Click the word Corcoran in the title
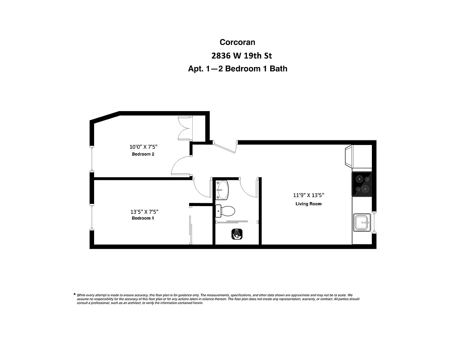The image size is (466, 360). click(x=237, y=42)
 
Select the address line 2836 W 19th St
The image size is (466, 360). click(x=241, y=56)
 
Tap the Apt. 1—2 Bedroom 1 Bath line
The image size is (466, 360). click(x=237, y=69)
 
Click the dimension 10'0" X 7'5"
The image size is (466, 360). click(x=143, y=147)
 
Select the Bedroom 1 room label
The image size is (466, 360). click(x=143, y=218)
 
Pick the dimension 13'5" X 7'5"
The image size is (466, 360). click(x=144, y=211)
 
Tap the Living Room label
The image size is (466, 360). click(x=308, y=204)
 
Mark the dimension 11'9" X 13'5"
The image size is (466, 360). click(x=308, y=195)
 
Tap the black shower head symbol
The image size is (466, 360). click(x=237, y=234)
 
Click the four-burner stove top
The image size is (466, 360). click(x=362, y=184)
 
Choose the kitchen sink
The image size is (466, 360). click(x=362, y=222)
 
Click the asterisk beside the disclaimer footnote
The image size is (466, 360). click(x=74, y=295)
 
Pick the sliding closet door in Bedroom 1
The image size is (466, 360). click(x=190, y=229)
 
